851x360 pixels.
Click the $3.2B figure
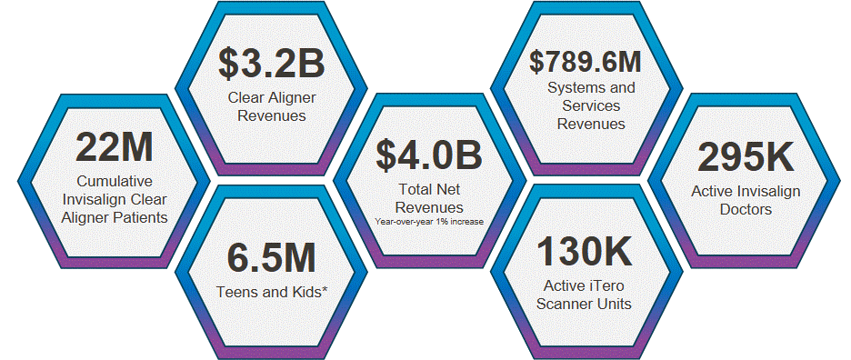tap(271, 64)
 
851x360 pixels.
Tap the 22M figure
tap(114, 147)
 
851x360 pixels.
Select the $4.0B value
tap(429, 155)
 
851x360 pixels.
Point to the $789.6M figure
tap(586, 61)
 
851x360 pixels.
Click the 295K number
tap(746, 157)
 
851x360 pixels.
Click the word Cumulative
tap(115, 181)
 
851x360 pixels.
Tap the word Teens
tap(235, 292)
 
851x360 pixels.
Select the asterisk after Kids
tap(325, 289)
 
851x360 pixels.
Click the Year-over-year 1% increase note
tap(429, 221)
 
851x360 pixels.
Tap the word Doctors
tap(746, 209)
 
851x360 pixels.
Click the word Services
tap(591, 105)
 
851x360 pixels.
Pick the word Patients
tap(142, 218)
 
